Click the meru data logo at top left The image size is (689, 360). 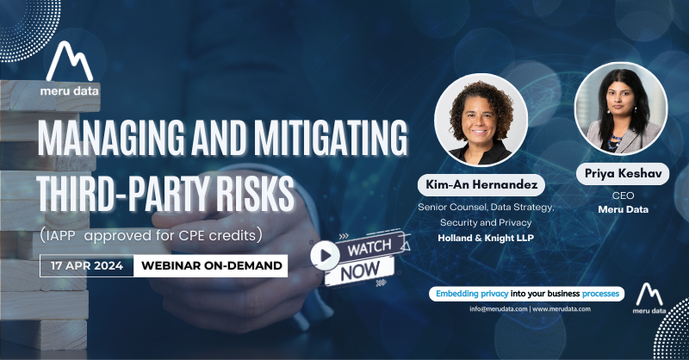pyautogui.click(x=70, y=69)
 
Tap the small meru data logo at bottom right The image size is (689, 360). pyautogui.click(x=649, y=299)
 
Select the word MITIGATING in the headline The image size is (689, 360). pyautogui.click(x=332, y=138)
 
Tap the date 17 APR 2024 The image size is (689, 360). pyautogui.click(x=87, y=265)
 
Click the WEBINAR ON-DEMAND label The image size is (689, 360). pyautogui.click(x=211, y=265)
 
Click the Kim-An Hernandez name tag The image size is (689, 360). pyautogui.click(x=481, y=184)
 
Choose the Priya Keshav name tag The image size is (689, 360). pyautogui.click(x=623, y=174)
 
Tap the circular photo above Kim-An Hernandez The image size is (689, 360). pyautogui.click(x=481, y=120)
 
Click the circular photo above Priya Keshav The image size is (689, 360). pyautogui.click(x=621, y=109)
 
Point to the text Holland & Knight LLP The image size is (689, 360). pyautogui.click(x=486, y=239)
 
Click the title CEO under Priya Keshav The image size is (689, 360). pyautogui.click(x=623, y=196)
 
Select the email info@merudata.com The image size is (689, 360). pyautogui.click(x=499, y=308)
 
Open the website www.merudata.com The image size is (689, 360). pyautogui.click(x=562, y=308)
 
